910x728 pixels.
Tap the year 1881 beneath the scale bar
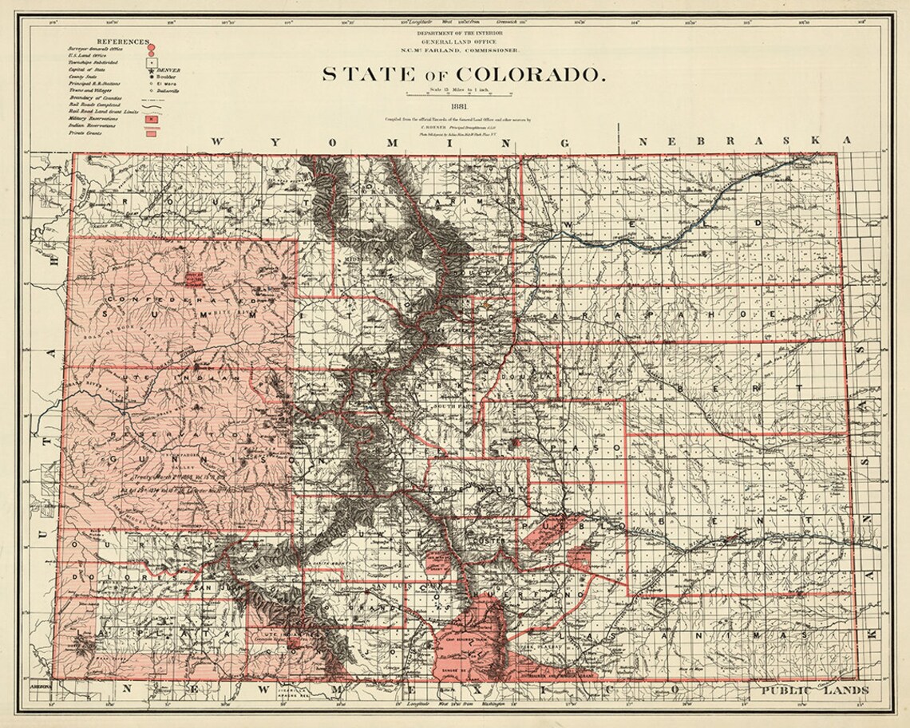click(459, 105)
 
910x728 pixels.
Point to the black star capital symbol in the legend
click(150, 69)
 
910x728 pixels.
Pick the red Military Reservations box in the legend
click(150, 117)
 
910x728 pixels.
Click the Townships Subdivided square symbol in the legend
click(150, 61)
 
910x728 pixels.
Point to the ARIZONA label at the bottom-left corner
click(40, 686)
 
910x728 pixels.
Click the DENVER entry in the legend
click(170, 70)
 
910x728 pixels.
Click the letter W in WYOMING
click(218, 141)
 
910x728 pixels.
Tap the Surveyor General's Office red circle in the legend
click(150, 47)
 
